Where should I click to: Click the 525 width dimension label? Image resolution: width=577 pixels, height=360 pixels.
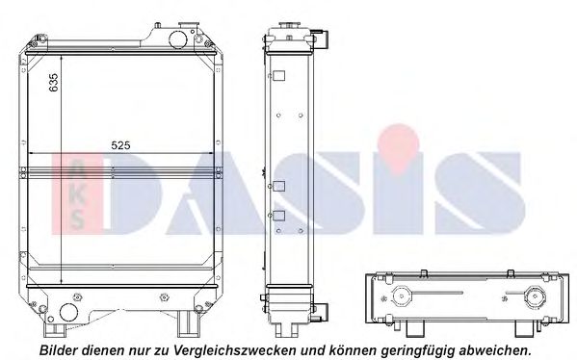coord(120,145)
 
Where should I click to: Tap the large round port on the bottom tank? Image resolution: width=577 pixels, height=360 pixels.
coord(69,312)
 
